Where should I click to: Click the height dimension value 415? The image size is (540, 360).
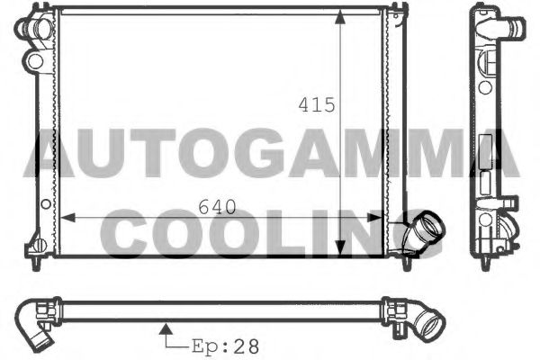(317, 104)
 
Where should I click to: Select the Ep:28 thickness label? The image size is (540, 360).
(221, 344)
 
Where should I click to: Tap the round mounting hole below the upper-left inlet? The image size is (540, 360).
(34, 60)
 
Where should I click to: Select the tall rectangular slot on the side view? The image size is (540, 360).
(487, 148)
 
